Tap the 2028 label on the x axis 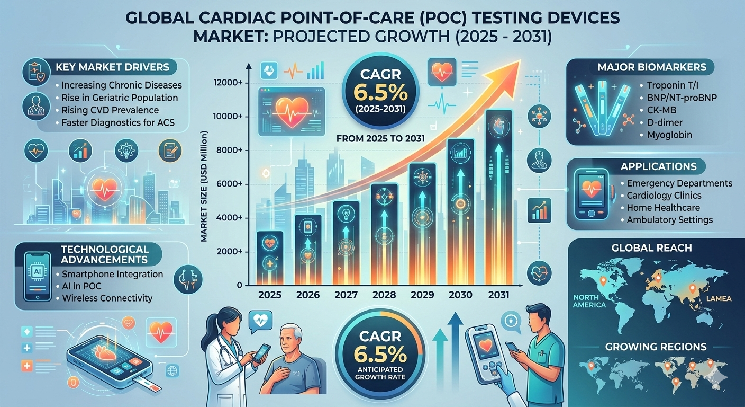click(385, 295)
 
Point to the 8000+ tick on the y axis click(229, 151)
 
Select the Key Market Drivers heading click(112, 67)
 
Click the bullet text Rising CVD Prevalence click(110, 110)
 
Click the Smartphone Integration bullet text click(112, 274)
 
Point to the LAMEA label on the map click(718, 299)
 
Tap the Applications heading click(659, 166)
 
